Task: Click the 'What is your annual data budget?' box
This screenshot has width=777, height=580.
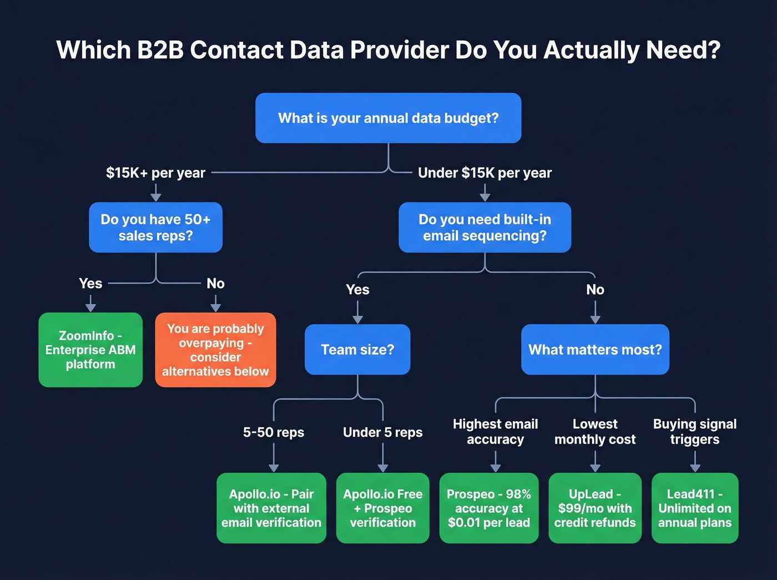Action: click(x=388, y=118)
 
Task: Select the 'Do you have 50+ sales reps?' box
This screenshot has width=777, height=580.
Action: click(x=155, y=228)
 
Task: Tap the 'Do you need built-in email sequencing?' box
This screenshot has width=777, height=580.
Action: click(x=485, y=228)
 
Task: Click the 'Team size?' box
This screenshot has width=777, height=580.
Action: click(x=357, y=350)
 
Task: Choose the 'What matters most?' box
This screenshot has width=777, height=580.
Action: click(x=595, y=350)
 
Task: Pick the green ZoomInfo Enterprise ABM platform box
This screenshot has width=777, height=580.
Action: click(x=90, y=350)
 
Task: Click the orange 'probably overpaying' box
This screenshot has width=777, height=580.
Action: click(x=215, y=350)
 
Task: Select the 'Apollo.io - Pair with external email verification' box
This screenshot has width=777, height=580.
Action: click(x=271, y=508)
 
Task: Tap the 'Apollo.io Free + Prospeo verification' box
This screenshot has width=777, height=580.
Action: click(x=382, y=508)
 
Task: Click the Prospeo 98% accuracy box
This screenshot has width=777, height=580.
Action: click(x=489, y=508)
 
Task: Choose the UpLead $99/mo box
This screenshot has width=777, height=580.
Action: click(x=595, y=508)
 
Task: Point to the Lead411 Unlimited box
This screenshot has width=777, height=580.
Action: click(x=695, y=508)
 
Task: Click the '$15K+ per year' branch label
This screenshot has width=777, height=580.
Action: click(x=155, y=173)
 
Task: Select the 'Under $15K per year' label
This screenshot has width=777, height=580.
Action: click(x=485, y=173)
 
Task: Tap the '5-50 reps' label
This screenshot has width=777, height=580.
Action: click(x=274, y=432)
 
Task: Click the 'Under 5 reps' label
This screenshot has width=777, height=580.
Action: click(x=382, y=432)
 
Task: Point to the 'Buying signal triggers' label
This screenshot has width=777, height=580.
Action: click(x=695, y=432)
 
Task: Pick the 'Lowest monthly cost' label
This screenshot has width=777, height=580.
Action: click(x=595, y=432)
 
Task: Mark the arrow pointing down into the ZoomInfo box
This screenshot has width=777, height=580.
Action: click(x=90, y=304)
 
